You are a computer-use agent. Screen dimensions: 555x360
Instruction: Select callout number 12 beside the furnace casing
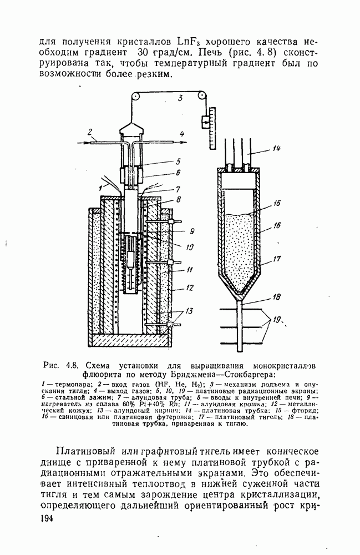pyautogui.click(x=190, y=289)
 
